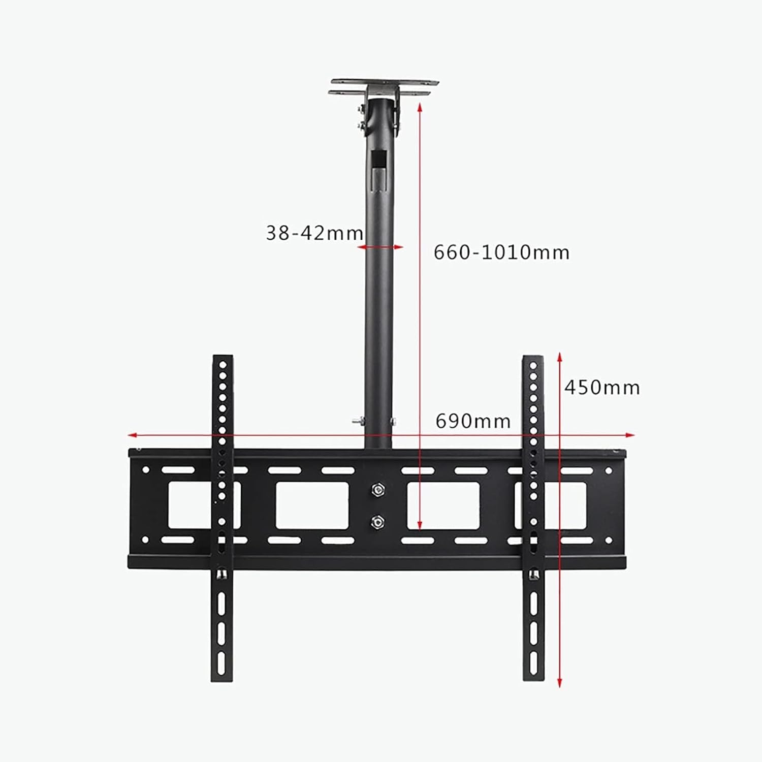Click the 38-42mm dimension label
click(314, 233)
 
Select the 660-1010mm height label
click(501, 252)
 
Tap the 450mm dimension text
click(602, 388)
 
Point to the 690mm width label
click(473, 421)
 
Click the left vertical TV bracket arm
click(222, 518)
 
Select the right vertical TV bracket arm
click(533, 518)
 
